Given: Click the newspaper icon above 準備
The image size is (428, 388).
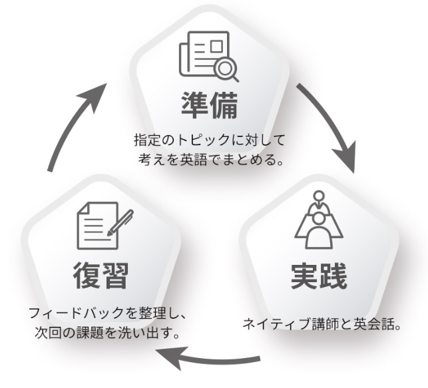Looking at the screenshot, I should click(208, 55).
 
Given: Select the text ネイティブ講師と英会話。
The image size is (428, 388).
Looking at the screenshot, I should click(321, 325).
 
